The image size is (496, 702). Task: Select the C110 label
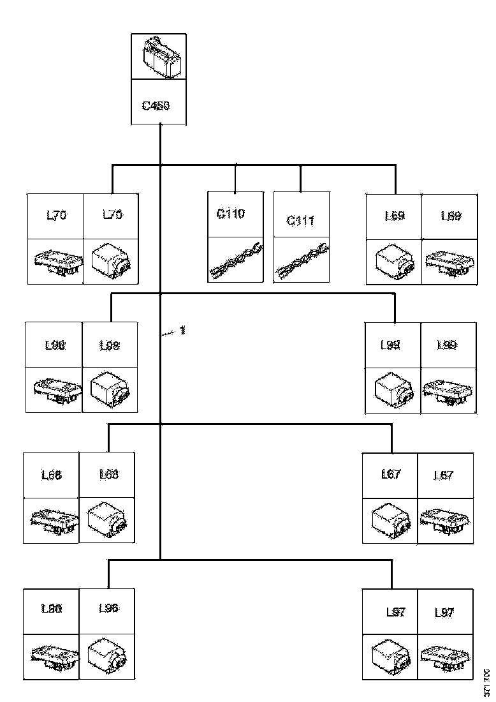tap(231, 214)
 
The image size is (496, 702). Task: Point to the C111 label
tap(300, 221)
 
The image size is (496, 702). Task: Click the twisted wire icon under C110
tap(237, 259)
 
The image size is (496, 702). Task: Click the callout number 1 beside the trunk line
tap(182, 331)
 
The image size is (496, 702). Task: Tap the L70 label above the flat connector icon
tap(56, 216)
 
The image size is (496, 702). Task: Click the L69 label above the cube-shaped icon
tap(395, 216)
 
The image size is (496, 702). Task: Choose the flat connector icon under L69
tap(451, 262)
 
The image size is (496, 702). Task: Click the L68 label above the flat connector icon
tap(51, 475)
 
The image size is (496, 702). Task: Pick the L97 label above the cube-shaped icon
tap(396, 613)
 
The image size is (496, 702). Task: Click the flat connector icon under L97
tap(445, 656)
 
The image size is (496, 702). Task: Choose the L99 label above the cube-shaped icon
tap(390, 345)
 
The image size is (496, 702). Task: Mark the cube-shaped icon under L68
tap(107, 521)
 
